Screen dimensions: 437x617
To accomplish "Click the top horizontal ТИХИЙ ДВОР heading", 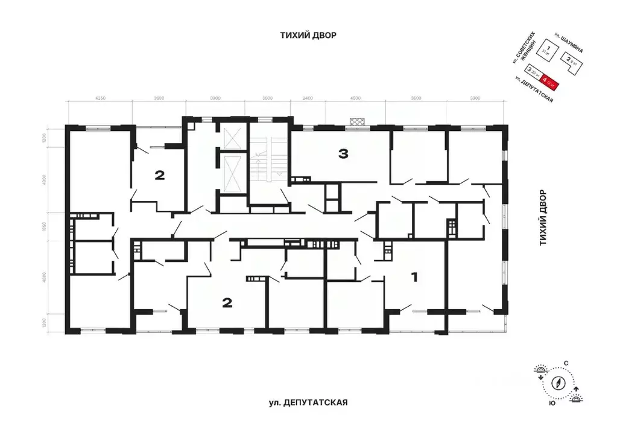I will (308, 35).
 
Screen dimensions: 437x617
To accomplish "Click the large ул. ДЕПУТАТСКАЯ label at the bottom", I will (309, 402).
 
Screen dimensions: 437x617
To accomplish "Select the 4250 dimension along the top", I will (101, 98).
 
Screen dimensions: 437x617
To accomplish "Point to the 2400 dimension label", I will (307, 98).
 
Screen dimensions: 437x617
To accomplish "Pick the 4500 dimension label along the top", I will (355, 98).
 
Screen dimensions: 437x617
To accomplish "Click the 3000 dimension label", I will (267, 98).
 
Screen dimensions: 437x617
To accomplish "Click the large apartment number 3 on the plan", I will (343, 154).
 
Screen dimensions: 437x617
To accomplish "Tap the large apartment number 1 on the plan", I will (414, 278).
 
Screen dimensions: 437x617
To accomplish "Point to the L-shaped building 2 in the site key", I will (570, 60).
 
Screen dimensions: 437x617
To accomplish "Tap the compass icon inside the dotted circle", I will (560, 383).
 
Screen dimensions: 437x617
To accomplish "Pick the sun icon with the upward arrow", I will (577, 395).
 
